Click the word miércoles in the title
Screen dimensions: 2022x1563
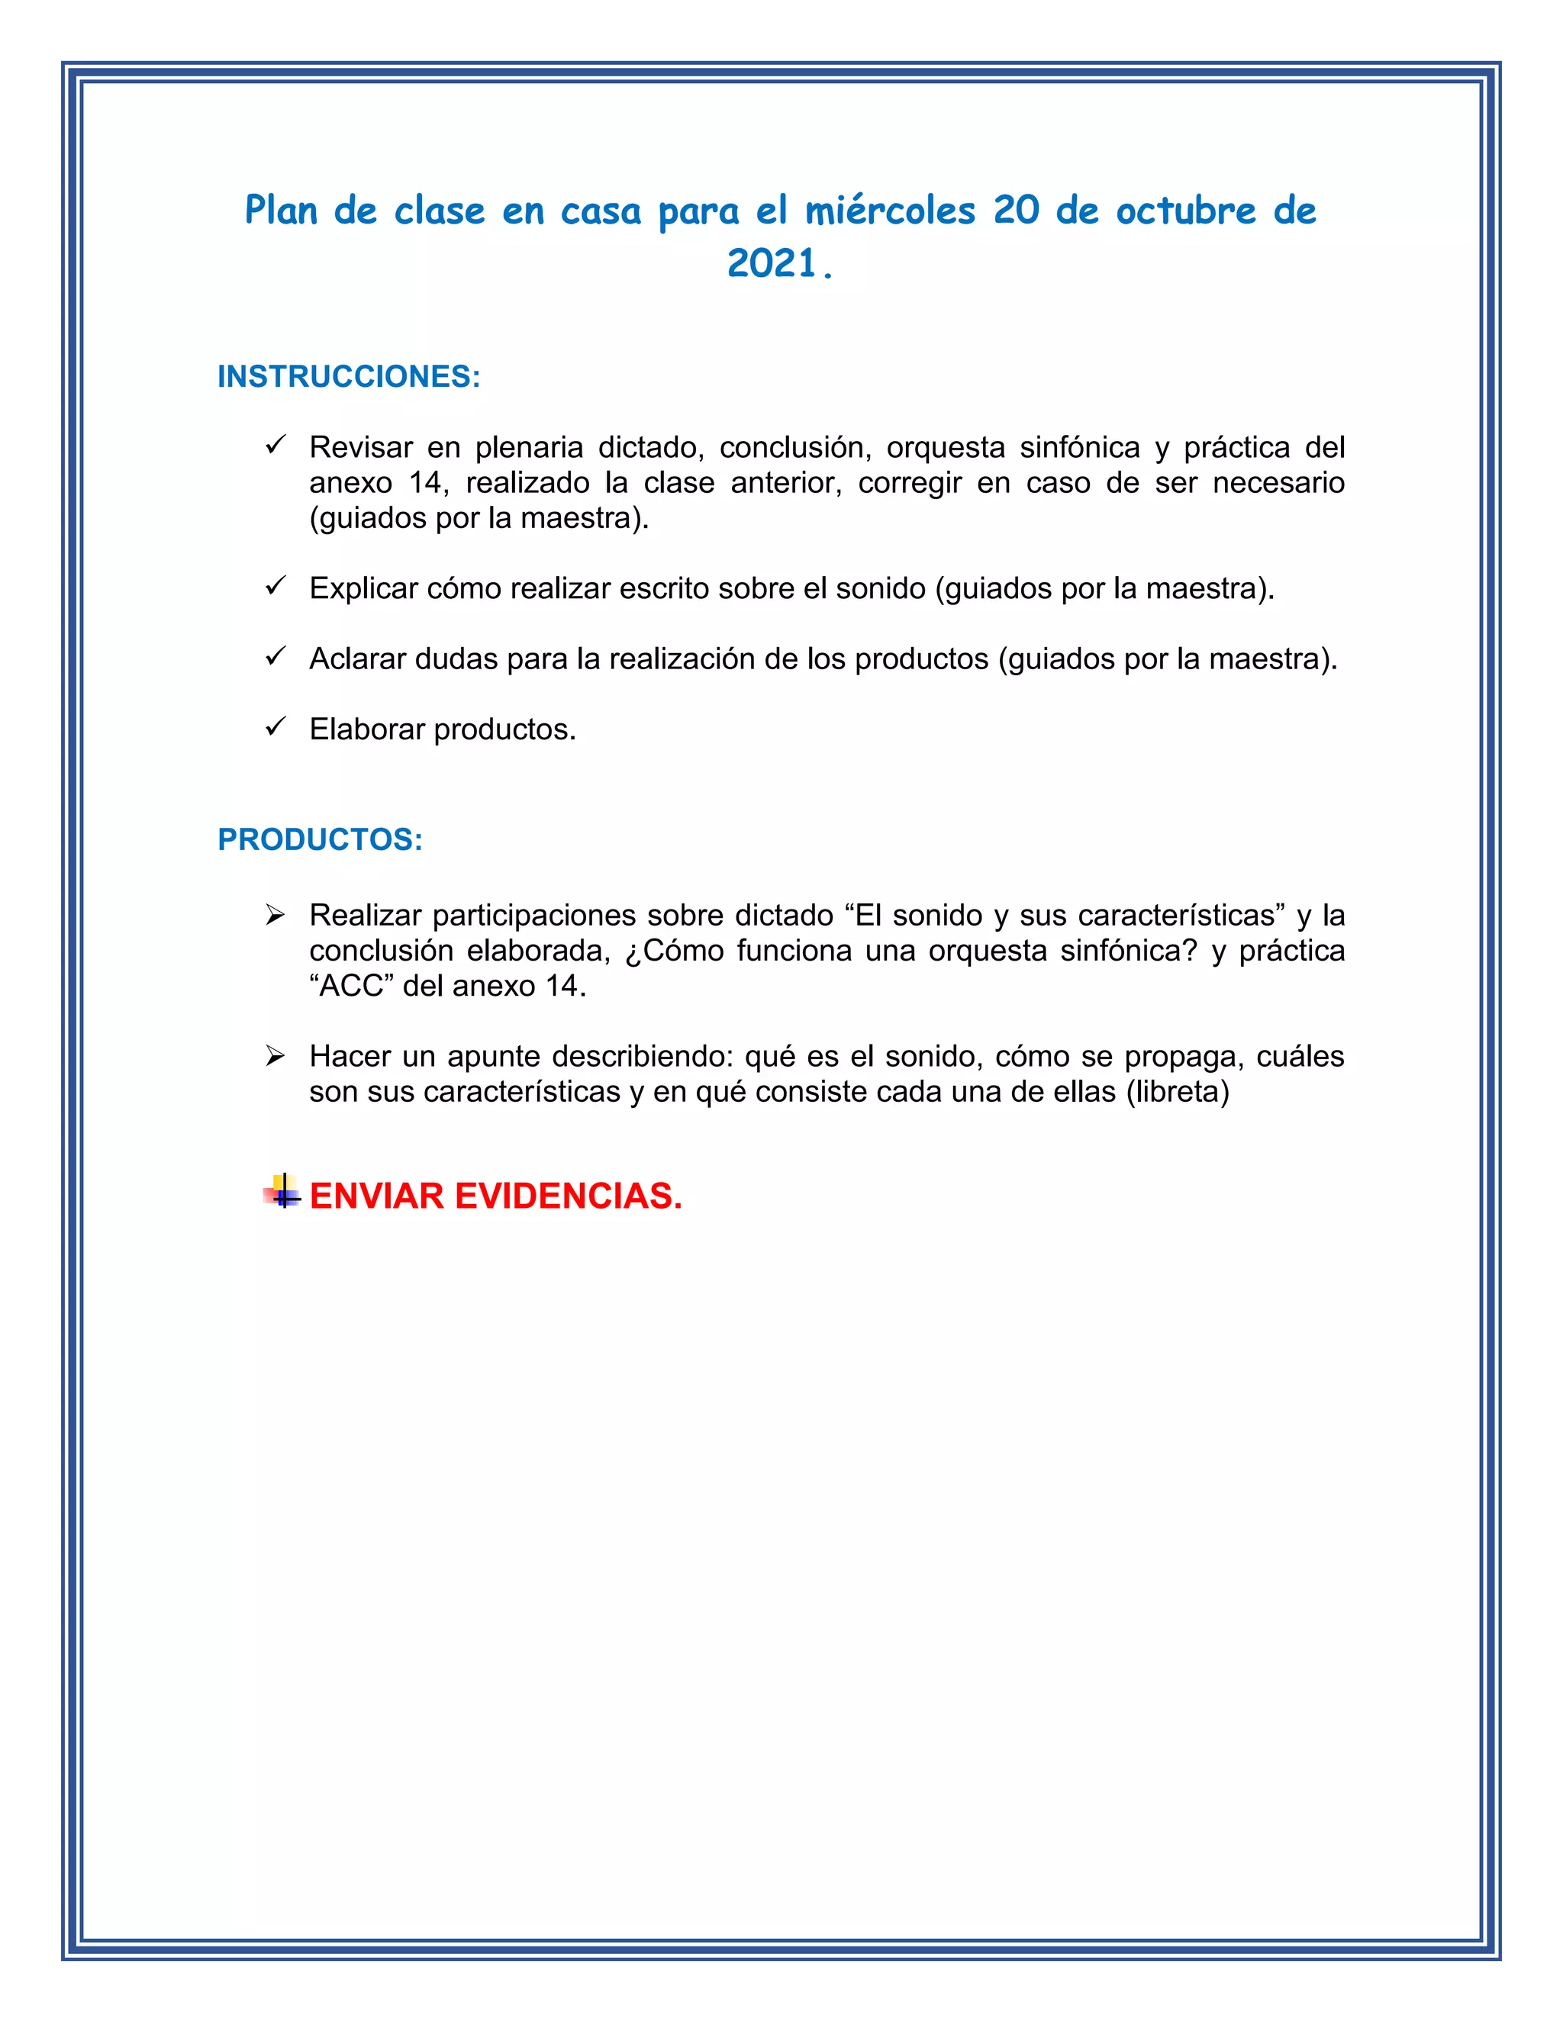[890, 212]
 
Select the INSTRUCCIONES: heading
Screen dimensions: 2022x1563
[349, 377]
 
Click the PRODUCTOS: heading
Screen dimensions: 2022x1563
[321, 840]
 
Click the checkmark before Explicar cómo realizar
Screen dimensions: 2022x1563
[275, 586]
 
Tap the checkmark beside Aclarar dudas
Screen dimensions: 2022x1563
[275, 656]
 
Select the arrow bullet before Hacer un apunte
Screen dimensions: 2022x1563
[275, 1055]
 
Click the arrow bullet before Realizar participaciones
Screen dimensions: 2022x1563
[275, 916]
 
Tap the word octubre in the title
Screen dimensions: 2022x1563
[1185, 212]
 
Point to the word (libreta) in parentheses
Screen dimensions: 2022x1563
[1178, 1092]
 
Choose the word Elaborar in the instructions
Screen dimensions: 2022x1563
[368, 729]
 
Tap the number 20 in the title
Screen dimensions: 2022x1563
[1017, 212]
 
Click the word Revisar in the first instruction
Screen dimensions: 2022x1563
[361, 448]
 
